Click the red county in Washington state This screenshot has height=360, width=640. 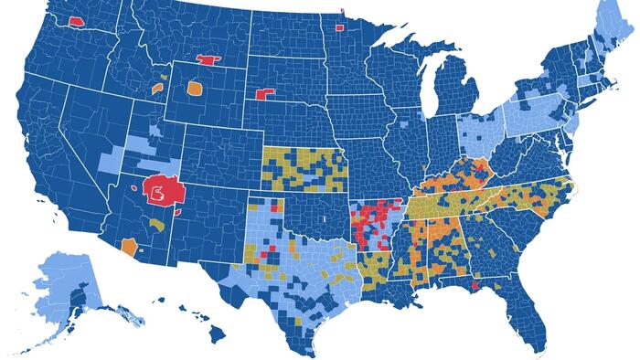click(x=76, y=18)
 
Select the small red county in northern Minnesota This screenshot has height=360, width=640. click(x=340, y=26)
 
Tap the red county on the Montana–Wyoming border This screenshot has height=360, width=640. click(x=208, y=61)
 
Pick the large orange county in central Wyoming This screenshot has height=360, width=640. click(x=193, y=90)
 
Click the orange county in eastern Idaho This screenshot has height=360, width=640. click(x=157, y=89)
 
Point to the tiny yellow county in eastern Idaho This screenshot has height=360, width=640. click(x=164, y=77)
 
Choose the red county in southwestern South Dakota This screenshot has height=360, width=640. click(x=266, y=94)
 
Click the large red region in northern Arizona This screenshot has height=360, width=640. click(x=164, y=191)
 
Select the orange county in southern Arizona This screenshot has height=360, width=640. click(x=129, y=247)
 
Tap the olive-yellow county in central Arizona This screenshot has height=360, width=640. click(x=158, y=224)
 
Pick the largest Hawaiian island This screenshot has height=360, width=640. click(x=218, y=333)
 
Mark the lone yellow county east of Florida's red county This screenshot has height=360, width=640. click(x=498, y=287)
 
